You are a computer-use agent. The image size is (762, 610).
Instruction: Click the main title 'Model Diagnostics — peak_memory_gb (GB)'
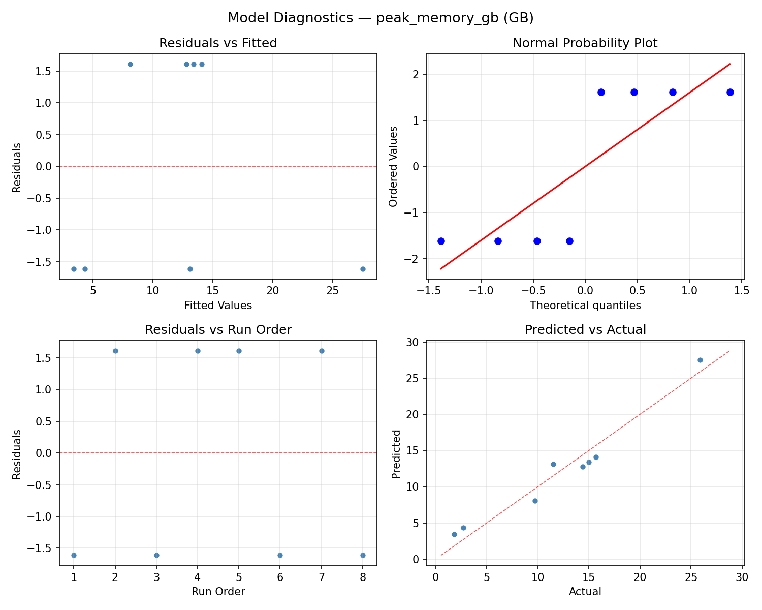click(x=380, y=18)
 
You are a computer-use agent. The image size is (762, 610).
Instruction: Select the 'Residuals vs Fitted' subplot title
click(x=218, y=43)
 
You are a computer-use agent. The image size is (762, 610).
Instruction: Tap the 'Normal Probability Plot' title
click(x=585, y=43)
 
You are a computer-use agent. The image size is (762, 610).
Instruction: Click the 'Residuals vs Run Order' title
click(x=218, y=330)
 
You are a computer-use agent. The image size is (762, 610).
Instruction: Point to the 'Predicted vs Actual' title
click(x=585, y=330)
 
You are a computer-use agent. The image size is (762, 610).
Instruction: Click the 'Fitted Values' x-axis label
click(x=218, y=306)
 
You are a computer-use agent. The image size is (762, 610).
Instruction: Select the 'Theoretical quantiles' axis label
click(x=585, y=306)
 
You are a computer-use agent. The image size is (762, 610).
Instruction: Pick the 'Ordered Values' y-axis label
click(x=393, y=166)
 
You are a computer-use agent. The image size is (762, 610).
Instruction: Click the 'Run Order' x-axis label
click(x=218, y=592)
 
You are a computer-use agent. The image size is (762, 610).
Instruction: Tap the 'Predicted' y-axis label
click(x=397, y=453)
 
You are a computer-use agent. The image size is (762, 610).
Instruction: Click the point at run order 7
click(x=322, y=351)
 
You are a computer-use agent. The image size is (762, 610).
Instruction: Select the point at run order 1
click(x=74, y=555)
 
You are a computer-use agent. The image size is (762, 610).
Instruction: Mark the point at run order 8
click(x=363, y=555)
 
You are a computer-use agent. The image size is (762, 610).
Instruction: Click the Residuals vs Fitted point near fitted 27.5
click(x=363, y=269)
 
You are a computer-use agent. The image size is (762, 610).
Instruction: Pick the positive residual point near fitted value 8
click(x=130, y=64)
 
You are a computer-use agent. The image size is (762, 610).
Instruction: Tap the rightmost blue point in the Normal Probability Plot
click(x=730, y=92)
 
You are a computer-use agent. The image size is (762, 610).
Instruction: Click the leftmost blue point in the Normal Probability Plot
click(x=441, y=241)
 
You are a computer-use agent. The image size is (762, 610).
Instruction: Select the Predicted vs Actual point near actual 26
click(x=700, y=360)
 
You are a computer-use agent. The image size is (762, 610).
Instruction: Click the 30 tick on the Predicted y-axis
click(x=416, y=343)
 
